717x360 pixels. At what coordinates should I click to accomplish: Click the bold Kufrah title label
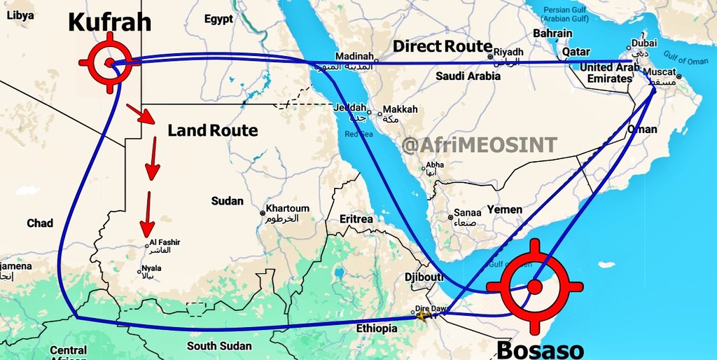109,22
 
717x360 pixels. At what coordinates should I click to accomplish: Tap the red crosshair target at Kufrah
109,63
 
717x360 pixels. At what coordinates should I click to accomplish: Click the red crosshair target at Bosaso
535,286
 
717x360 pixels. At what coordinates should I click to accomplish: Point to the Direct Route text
442,46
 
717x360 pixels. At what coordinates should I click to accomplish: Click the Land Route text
213,130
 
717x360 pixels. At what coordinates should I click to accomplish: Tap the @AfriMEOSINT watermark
480,145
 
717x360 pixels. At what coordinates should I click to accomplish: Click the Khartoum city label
287,209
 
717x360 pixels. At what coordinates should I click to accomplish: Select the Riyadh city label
509,52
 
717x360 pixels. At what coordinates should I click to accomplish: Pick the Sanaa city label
468,213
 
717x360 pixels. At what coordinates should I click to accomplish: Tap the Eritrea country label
356,219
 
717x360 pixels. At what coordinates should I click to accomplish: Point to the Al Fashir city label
165,242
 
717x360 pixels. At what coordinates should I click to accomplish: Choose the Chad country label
40,223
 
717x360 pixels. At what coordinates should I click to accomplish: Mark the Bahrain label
552,33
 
